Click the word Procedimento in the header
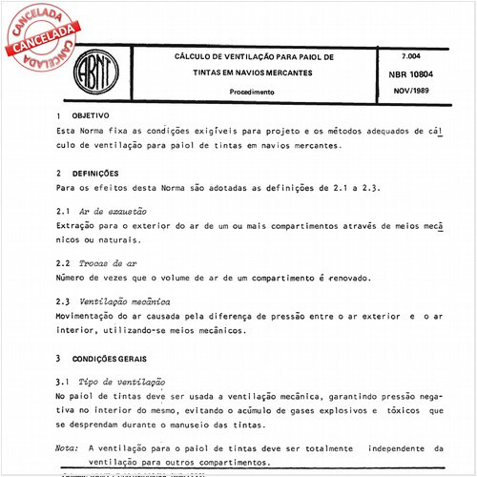[253, 92]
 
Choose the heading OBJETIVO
[91, 114]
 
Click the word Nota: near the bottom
[67, 446]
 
